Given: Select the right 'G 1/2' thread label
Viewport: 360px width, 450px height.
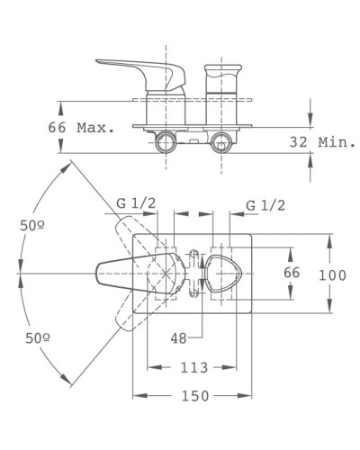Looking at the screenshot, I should click(x=266, y=206).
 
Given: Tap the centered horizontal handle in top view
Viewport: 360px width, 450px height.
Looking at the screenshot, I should click(x=126, y=271).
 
